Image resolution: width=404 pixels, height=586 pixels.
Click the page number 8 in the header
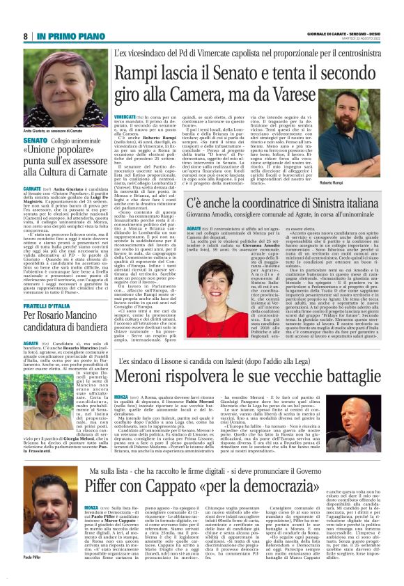click(x=26, y=35)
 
